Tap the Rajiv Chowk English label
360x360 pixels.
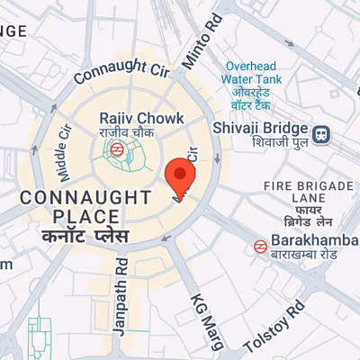[141, 118]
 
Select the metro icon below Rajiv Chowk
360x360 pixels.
[117, 150]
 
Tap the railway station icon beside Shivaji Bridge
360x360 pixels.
[321, 136]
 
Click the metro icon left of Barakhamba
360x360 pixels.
[259, 244]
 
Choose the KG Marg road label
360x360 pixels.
[202, 317]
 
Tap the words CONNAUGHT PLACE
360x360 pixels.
[85, 206]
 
